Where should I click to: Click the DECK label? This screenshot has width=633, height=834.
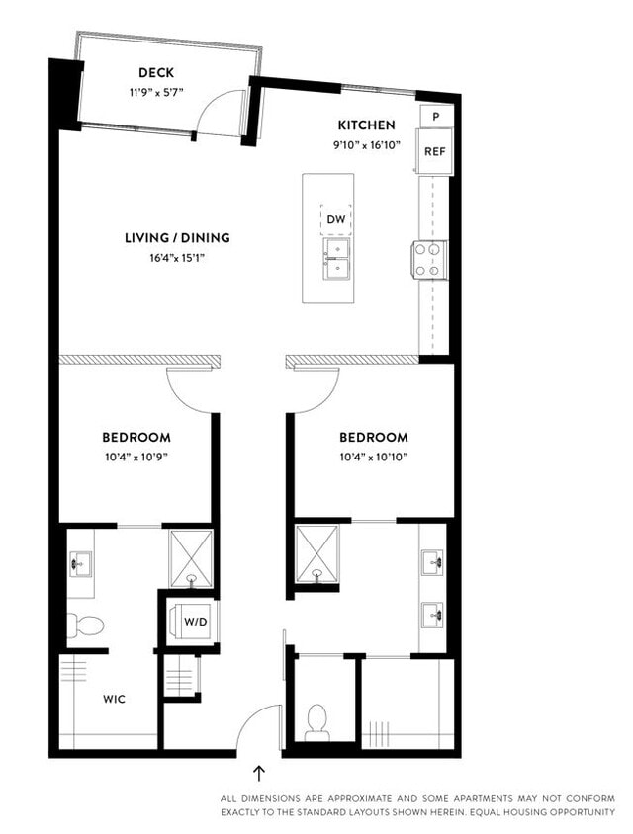(x=157, y=72)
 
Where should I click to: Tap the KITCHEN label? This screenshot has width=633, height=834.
(x=367, y=125)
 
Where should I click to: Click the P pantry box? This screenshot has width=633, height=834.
(x=436, y=116)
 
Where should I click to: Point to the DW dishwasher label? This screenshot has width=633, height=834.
(x=336, y=219)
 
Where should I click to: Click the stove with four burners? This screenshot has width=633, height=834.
(x=429, y=259)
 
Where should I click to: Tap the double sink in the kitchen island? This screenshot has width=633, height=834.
(x=336, y=258)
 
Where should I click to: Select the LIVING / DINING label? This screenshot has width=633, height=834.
(x=177, y=238)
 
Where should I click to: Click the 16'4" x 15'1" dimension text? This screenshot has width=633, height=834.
(x=177, y=258)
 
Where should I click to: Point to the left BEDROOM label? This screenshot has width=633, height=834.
(x=136, y=437)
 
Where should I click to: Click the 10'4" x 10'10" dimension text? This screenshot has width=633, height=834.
(x=373, y=457)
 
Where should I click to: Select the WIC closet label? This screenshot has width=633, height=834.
(x=115, y=698)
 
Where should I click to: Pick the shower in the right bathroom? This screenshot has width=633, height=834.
(x=317, y=550)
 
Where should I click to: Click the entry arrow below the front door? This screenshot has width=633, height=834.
(x=260, y=773)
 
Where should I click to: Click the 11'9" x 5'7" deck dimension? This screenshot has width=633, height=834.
(x=157, y=92)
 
